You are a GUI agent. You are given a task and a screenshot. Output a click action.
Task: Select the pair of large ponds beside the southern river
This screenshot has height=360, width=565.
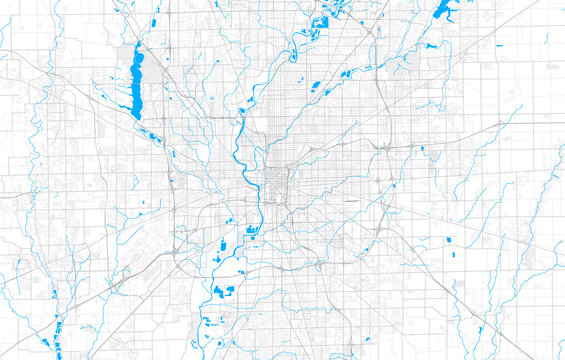tap(222, 290)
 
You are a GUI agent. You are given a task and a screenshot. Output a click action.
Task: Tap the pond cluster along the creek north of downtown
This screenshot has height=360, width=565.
tap(317, 88)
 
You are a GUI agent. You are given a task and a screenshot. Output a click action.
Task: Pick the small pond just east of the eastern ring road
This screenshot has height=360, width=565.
tap(422, 149)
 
